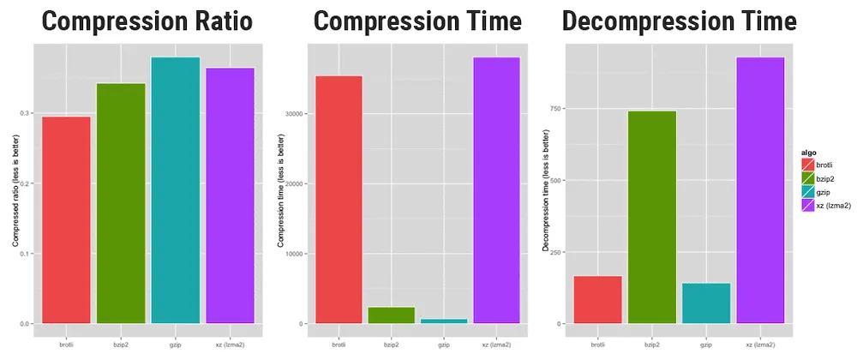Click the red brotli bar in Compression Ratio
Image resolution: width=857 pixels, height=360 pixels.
pos(67,219)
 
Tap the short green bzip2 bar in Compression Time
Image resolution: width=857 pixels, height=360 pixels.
pos(391,315)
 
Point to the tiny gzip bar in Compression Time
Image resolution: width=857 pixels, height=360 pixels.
pos(444,321)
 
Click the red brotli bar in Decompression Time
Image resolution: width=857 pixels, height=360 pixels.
pos(597,299)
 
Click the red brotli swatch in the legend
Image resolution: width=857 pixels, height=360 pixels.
pos(807,164)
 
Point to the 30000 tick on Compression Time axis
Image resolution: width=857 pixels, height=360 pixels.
pos(294,113)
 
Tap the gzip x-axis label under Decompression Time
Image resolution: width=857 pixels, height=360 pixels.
pos(706,344)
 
